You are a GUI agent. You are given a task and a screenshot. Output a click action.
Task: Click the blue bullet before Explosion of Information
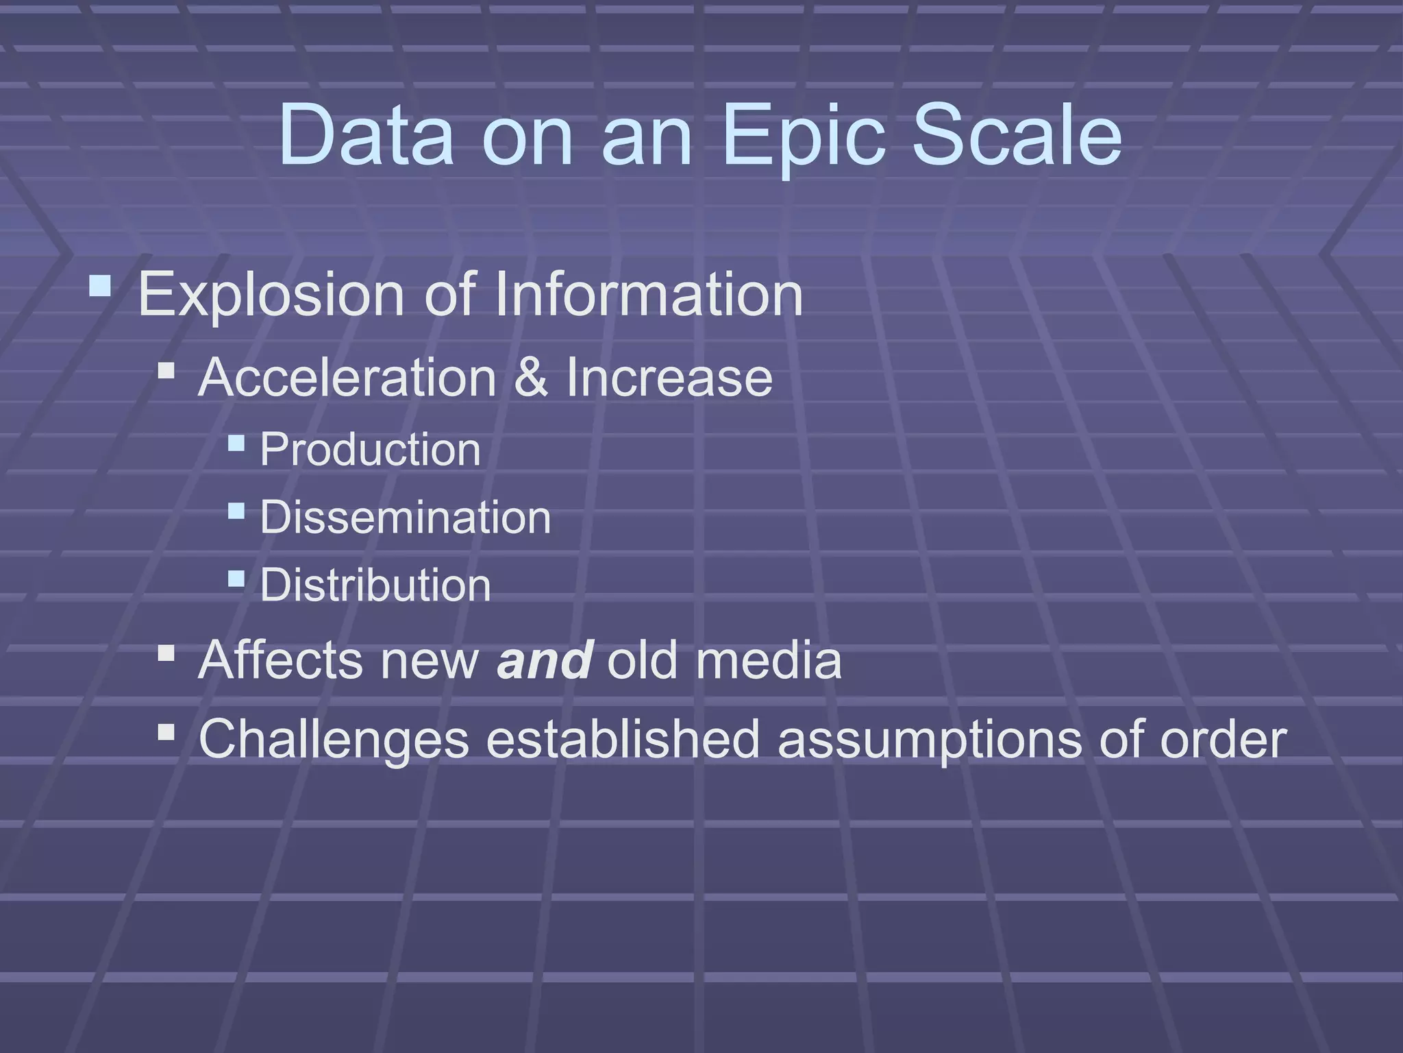[x=100, y=285]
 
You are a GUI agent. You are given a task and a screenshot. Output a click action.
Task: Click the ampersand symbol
[x=531, y=378]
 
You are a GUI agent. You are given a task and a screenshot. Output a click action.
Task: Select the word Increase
[x=669, y=378]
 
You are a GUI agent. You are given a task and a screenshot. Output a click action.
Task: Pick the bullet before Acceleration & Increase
[x=166, y=372]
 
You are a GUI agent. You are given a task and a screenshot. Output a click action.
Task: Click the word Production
[x=370, y=450]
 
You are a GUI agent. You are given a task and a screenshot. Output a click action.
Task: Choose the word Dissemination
[x=405, y=518]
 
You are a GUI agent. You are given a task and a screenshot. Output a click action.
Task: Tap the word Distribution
[x=375, y=585]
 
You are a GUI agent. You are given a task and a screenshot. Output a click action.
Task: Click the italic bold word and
[x=545, y=660]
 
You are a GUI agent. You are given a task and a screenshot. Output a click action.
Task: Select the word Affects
[x=280, y=660]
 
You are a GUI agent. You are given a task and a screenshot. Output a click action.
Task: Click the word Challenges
[x=334, y=740]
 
